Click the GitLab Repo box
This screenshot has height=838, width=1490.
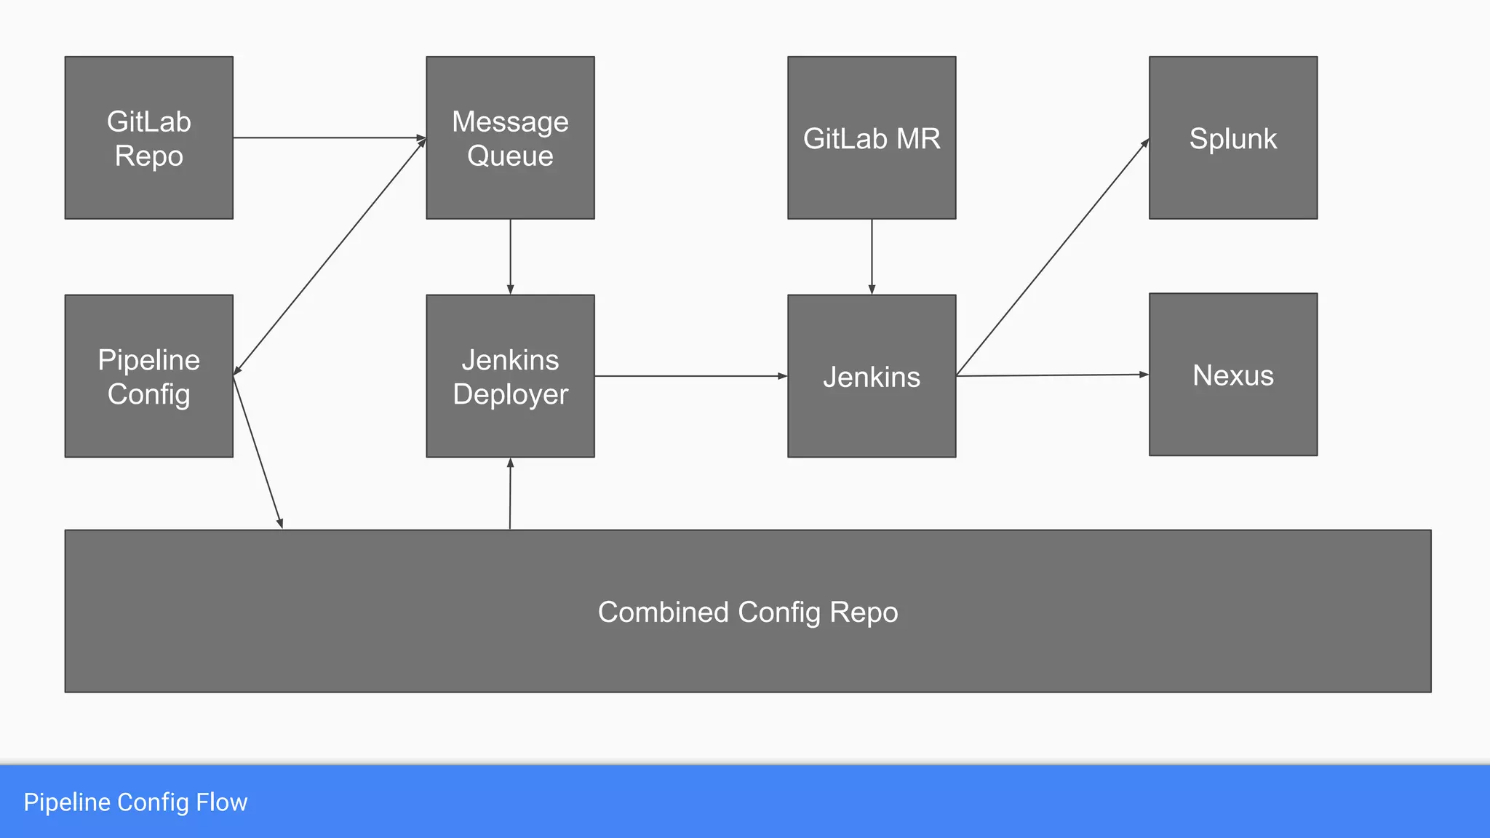click(x=148, y=137)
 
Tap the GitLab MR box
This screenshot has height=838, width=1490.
click(x=871, y=137)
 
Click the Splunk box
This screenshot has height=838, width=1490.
click(x=1232, y=137)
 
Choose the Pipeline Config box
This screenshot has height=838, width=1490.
click(x=148, y=375)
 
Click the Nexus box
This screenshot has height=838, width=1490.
click(x=1232, y=374)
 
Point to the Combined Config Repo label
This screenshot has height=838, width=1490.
click(x=747, y=612)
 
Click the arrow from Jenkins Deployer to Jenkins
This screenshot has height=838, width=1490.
click(x=690, y=376)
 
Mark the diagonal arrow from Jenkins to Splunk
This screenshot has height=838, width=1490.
click(x=1052, y=258)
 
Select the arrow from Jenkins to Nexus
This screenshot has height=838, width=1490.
click(x=1052, y=375)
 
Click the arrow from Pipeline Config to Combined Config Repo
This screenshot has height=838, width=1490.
click(x=258, y=451)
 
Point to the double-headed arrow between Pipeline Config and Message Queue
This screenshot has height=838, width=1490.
click(x=330, y=257)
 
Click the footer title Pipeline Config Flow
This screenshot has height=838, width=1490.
click(x=135, y=802)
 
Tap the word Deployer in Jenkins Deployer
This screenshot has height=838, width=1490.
click(x=510, y=394)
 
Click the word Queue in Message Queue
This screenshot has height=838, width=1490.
click(x=510, y=156)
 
